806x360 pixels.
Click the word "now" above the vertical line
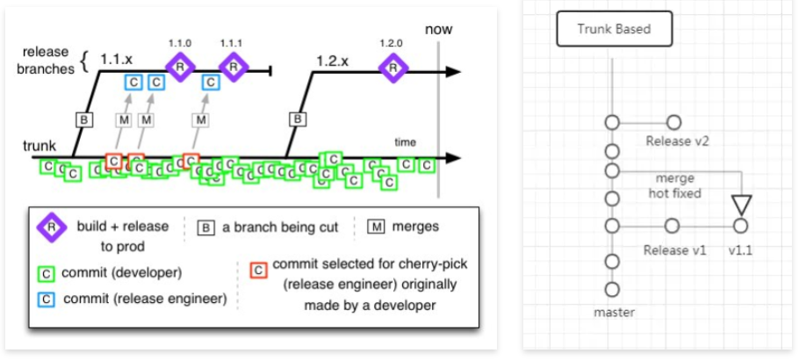pyautogui.click(x=438, y=30)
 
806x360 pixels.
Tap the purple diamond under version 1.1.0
pyautogui.click(x=180, y=67)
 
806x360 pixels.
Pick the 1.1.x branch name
pyautogui.click(x=117, y=59)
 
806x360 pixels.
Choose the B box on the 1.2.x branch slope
pyautogui.click(x=298, y=118)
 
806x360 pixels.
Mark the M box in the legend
pyautogui.click(x=376, y=227)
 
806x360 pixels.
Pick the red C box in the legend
pyautogui.click(x=258, y=269)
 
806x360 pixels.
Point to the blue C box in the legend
pyautogui.click(x=47, y=299)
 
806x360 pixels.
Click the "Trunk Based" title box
pyautogui.click(x=614, y=29)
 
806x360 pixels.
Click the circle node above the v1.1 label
pyautogui.click(x=740, y=227)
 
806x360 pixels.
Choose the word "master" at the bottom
pyautogui.click(x=612, y=311)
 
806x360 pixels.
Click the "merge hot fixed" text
pyautogui.click(x=674, y=185)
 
